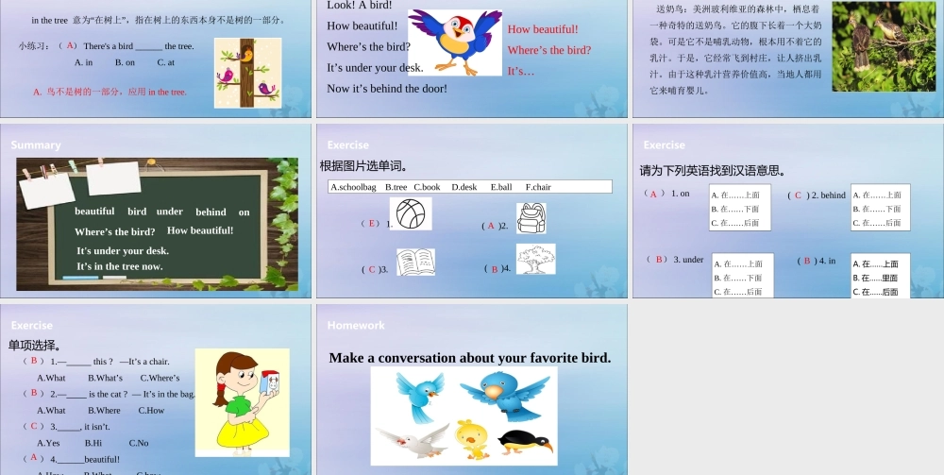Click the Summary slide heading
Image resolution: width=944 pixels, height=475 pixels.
pos(36,145)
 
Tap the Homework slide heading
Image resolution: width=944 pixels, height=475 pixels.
pos(356,326)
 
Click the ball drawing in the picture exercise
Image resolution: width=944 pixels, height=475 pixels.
pos(410,213)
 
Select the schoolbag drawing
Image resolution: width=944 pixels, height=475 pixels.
pos(531,217)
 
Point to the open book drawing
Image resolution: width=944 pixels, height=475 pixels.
pos(415,262)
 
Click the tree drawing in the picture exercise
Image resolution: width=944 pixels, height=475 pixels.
pos(535,259)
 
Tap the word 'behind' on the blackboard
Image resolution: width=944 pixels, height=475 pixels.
pos(211,212)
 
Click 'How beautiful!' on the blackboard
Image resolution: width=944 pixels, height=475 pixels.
pos(200,230)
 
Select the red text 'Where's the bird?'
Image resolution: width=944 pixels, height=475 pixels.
pos(549,50)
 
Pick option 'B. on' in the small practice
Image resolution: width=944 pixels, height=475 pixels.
pos(125,62)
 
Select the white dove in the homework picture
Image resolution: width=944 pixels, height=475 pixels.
pos(412,439)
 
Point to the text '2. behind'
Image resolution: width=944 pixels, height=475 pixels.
pos(828,195)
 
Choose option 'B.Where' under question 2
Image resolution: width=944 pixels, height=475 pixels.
pos(104,411)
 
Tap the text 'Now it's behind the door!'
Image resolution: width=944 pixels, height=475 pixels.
pos(387,89)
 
